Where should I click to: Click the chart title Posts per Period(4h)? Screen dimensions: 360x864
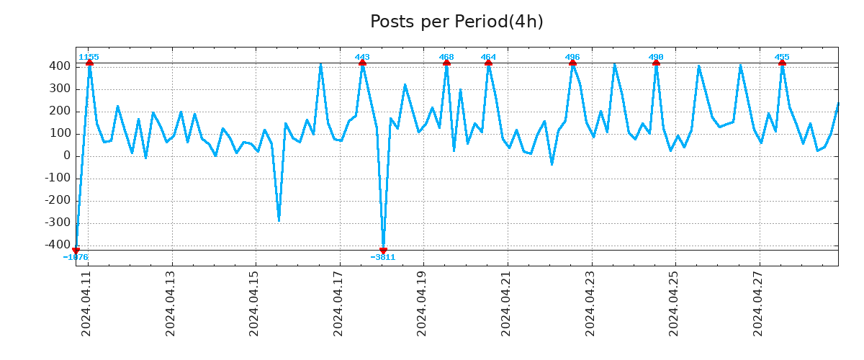(x=456, y=22)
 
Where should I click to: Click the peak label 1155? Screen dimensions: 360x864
(x=89, y=57)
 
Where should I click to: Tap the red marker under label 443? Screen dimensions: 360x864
(x=362, y=63)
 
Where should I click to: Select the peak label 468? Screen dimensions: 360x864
(x=446, y=57)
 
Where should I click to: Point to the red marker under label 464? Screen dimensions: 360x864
(x=488, y=63)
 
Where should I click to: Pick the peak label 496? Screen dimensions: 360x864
(x=572, y=57)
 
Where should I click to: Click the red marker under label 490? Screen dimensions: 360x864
(x=656, y=63)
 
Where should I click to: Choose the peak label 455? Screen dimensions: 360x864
(x=782, y=57)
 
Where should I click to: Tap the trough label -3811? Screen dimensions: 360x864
(x=383, y=257)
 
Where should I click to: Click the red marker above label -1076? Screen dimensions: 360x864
(x=76, y=250)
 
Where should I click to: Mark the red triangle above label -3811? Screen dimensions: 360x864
(x=383, y=250)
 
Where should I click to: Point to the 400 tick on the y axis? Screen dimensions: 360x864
(x=60, y=66)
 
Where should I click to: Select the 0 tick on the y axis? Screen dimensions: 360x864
(x=66, y=156)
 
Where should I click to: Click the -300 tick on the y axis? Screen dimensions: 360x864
(x=58, y=223)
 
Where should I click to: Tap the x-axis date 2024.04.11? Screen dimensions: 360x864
(x=87, y=303)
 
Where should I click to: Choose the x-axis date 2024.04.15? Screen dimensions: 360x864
(x=255, y=303)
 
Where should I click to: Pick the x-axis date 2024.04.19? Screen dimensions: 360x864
(x=423, y=303)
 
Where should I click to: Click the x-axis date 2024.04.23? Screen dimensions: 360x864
(x=590, y=303)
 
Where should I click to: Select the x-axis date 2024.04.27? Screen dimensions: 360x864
(x=758, y=303)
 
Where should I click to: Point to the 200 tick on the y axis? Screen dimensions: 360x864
(x=60, y=111)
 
